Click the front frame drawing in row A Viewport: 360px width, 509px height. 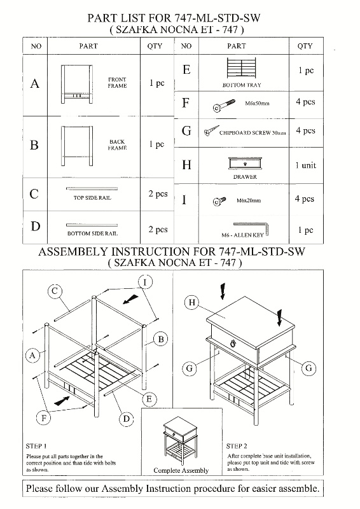click(77, 85)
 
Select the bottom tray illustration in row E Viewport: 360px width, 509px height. click(242, 68)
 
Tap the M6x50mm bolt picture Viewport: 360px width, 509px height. click(224, 106)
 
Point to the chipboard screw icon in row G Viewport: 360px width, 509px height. click(211, 130)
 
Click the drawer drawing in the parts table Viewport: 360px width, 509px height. click(245, 164)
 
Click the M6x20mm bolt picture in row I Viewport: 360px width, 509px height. click(219, 201)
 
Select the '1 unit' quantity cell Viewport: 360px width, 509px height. click(305, 165)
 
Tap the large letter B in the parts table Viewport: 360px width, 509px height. click(34, 145)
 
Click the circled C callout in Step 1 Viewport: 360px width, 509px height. click(55, 291)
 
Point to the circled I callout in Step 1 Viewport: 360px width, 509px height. click(145, 282)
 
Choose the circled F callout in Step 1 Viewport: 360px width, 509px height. click(44, 417)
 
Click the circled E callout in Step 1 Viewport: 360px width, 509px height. click(149, 399)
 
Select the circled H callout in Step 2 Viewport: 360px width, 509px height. click(191, 303)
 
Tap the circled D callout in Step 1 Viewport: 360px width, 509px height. click(127, 419)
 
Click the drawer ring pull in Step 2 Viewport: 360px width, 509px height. click(232, 343)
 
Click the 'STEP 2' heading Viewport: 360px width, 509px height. click(237, 446)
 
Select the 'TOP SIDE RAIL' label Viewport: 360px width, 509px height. click(92, 198)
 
